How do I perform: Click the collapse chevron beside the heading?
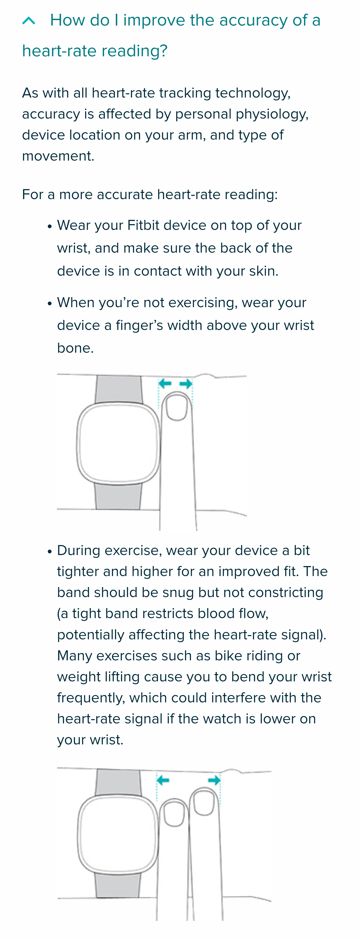click(x=29, y=21)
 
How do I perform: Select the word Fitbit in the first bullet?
click(x=143, y=225)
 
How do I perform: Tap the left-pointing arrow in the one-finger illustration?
click(x=165, y=383)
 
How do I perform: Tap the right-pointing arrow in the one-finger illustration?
click(x=186, y=383)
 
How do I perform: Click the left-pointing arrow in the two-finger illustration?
click(x=163, y=780)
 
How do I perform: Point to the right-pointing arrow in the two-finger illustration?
click(x=214, y=780)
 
